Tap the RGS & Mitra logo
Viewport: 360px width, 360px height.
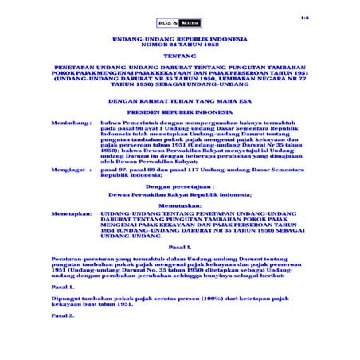179,24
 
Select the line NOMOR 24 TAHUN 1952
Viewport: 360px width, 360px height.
180,46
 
